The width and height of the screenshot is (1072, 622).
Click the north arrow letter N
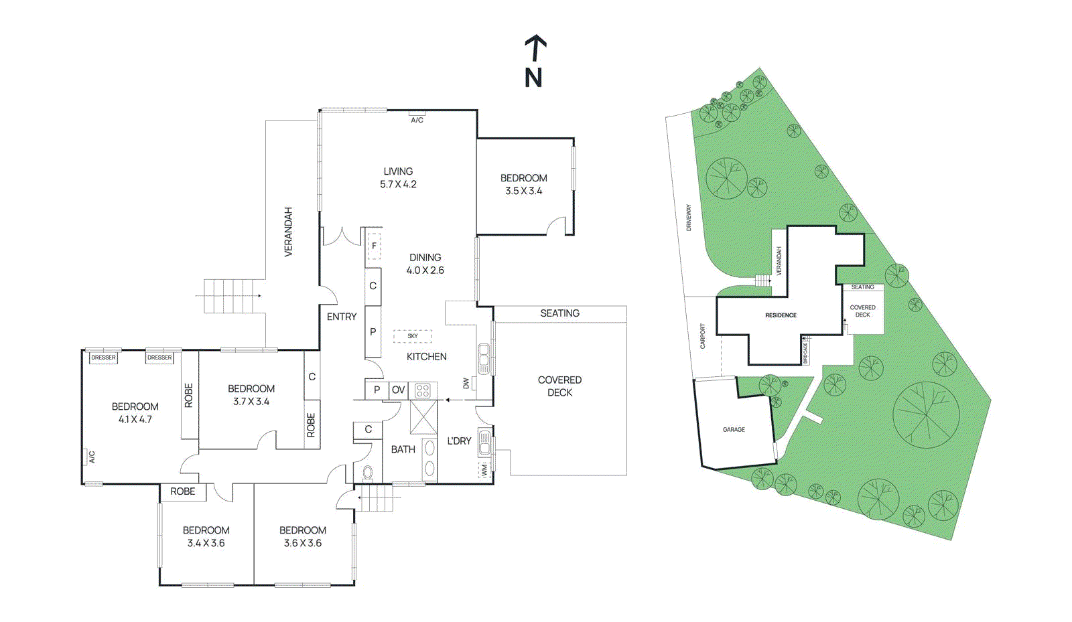[x=533, y=78]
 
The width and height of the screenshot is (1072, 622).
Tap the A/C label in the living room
[x=417, y=120]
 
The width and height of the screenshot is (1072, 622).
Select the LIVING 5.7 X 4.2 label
[x=398, y=177]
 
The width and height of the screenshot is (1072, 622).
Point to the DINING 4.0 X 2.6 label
[x=425, y=264]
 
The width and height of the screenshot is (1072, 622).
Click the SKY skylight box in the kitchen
[x=413, y=336]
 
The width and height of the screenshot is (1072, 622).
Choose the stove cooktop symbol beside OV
[x=422, y=390]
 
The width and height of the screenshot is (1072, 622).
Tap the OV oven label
[x=399, y=390]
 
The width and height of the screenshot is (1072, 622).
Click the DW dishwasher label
[x=466, y=384]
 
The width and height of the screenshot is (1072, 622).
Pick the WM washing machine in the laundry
[x=484, y=470]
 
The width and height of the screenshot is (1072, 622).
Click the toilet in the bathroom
[x=367, y=473]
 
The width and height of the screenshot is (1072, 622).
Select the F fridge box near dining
[x=374, y=246]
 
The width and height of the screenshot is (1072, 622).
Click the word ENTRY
[x=342, y=317]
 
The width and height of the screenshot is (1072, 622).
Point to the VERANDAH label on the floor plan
[x=289, y=232]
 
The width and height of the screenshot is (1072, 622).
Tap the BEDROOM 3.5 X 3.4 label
[x=524, y=184]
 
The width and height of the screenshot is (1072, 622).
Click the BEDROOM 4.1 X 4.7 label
[x=135, y=412]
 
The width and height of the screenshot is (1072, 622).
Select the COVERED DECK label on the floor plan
[x=559, y=386]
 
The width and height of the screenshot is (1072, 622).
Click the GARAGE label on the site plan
[x=734, y=429]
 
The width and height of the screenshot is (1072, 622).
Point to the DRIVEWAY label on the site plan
[x=689, y=218]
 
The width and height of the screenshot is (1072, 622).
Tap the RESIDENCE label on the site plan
[x=781, y=315]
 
